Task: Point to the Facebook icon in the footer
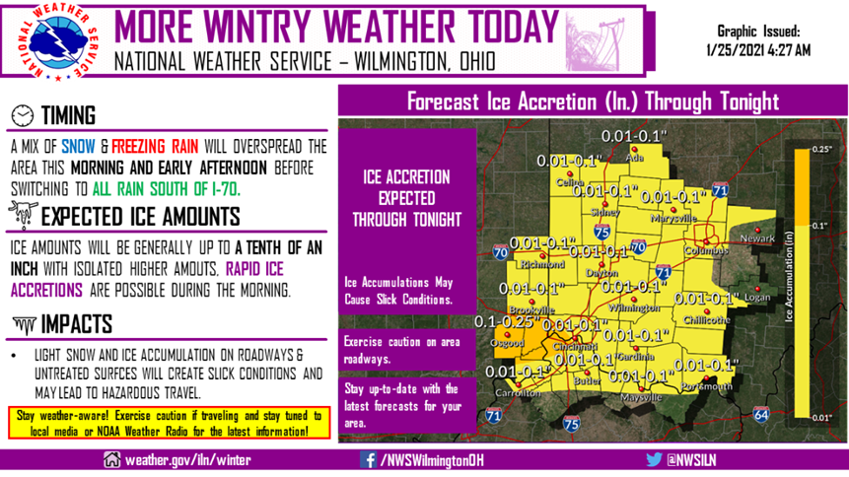coord(368,459)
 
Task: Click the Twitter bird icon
coord(653,459)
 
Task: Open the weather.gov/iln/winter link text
coord(185,459)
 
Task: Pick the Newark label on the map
coord(756,238)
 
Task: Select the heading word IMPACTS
coord(83,324)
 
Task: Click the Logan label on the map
coord(757,296)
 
